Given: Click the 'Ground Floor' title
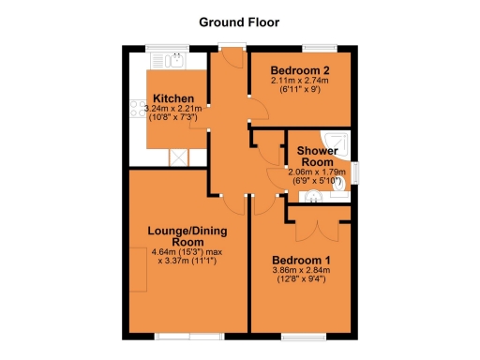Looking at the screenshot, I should pyautogui.click(x=239, y=21).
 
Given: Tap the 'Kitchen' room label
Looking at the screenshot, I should pyautogui.click(x=173, y=98).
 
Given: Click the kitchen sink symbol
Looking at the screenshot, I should pyautogui.click(x=174, y=62).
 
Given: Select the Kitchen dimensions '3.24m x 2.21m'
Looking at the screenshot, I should pyautogui.click(x=173, y=109).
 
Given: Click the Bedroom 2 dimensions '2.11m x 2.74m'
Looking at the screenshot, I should pyautogui.click(x=299, y=82).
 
